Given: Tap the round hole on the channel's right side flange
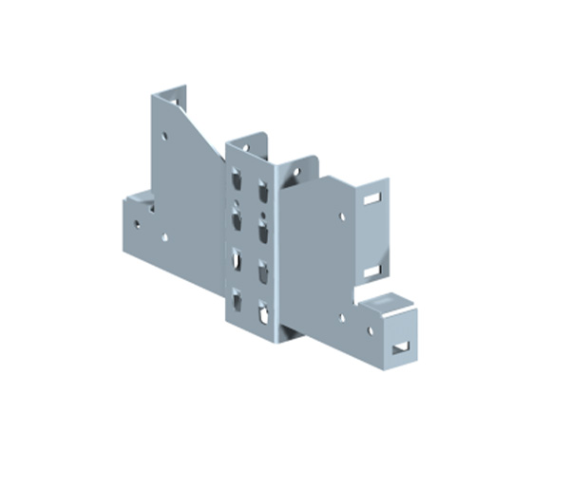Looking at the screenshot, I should coord(295,174).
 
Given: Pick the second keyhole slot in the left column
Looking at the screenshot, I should coord(236,219).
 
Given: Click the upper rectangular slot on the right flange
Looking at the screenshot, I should coord(372,199).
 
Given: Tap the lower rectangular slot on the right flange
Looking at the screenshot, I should coord(372,271).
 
